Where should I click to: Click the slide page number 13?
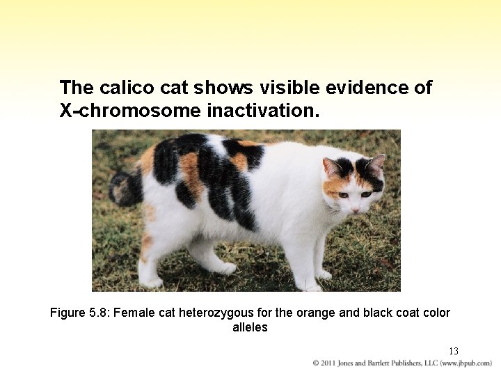click(x=453, y=351)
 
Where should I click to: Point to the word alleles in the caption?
click(x=250, y=327)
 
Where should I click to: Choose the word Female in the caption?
click(x=131, y=313)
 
